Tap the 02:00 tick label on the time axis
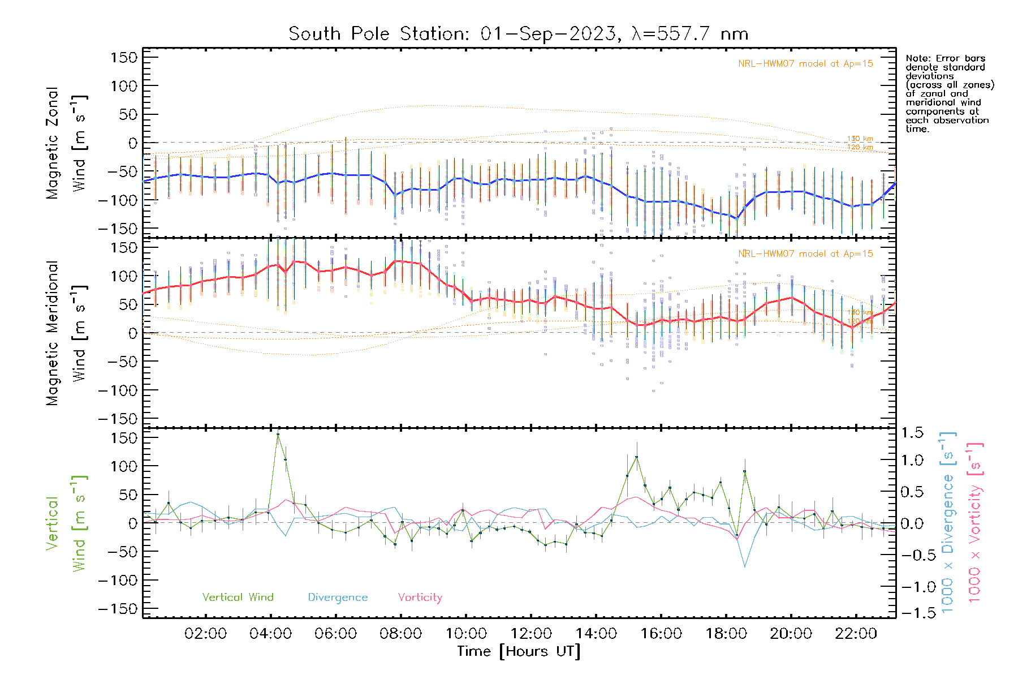tap(205, 634)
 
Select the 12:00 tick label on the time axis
tap(531, 634)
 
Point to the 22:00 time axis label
tap(856, 634)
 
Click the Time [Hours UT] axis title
tap(519, 652)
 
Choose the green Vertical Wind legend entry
tap(238, 597)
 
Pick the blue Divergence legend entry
tap(338, 597)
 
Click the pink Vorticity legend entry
tap(420, 597)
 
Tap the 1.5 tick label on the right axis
tap(912, 433)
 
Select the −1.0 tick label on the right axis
tap(912, 587)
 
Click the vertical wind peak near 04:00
tap(278, 435)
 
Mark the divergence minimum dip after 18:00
tap(745, 566)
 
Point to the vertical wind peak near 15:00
tap(637, 457)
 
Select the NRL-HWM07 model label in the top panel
tap(805, 63)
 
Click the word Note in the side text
tap(916, 58)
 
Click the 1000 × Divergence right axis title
tap(947, 522)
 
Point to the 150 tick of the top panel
tap(124, 57)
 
